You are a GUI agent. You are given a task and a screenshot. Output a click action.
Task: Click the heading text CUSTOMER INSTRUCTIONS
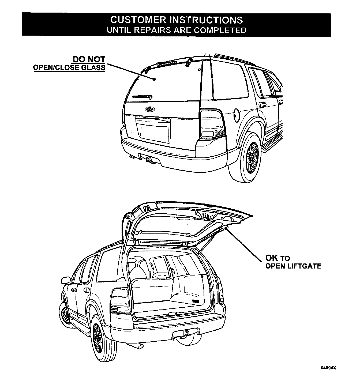pos(177,20)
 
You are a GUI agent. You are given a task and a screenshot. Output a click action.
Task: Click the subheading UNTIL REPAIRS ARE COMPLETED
pos(177,30)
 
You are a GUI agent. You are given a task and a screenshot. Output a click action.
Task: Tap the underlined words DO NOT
pos(89,59)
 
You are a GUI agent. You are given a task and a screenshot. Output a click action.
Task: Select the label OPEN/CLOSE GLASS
pos(69,67)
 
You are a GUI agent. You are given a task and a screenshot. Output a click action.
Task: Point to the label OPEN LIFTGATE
pos(293,266)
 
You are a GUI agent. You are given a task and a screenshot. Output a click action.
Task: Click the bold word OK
pos(272,258)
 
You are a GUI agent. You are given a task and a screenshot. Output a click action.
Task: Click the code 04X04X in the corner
pos(328,368)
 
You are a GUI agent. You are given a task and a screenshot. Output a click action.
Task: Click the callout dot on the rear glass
pos(154,79)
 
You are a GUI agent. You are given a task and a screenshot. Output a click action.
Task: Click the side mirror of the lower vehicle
pos(66,280)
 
